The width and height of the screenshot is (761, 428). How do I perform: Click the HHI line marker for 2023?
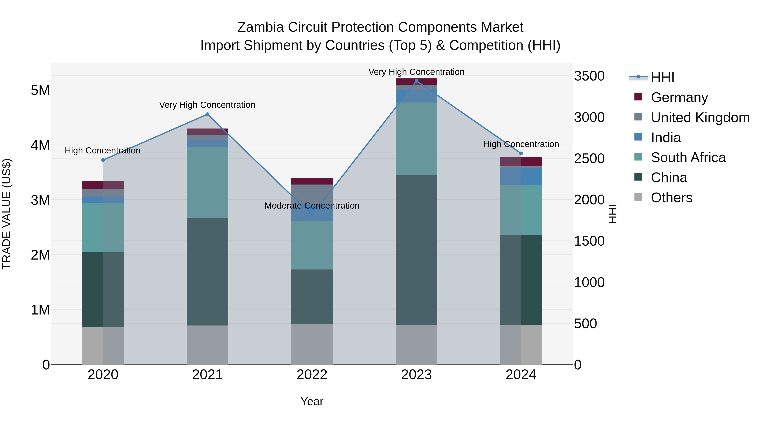pos(416,81)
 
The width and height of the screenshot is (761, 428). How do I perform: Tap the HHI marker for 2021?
pos(207,114)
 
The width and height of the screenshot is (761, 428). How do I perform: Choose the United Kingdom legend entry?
pos(700,118)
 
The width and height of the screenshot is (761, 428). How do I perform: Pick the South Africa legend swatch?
pos(638,157)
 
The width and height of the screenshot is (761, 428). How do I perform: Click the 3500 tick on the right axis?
pos(589,76)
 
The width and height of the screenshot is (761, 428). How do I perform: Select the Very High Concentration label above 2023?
pos(416,72)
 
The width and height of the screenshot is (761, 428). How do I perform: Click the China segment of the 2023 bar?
pos(416,250)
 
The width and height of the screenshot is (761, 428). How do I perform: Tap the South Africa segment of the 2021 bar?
pos(207,182)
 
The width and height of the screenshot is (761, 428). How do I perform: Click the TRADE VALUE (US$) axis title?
pos(7,214)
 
